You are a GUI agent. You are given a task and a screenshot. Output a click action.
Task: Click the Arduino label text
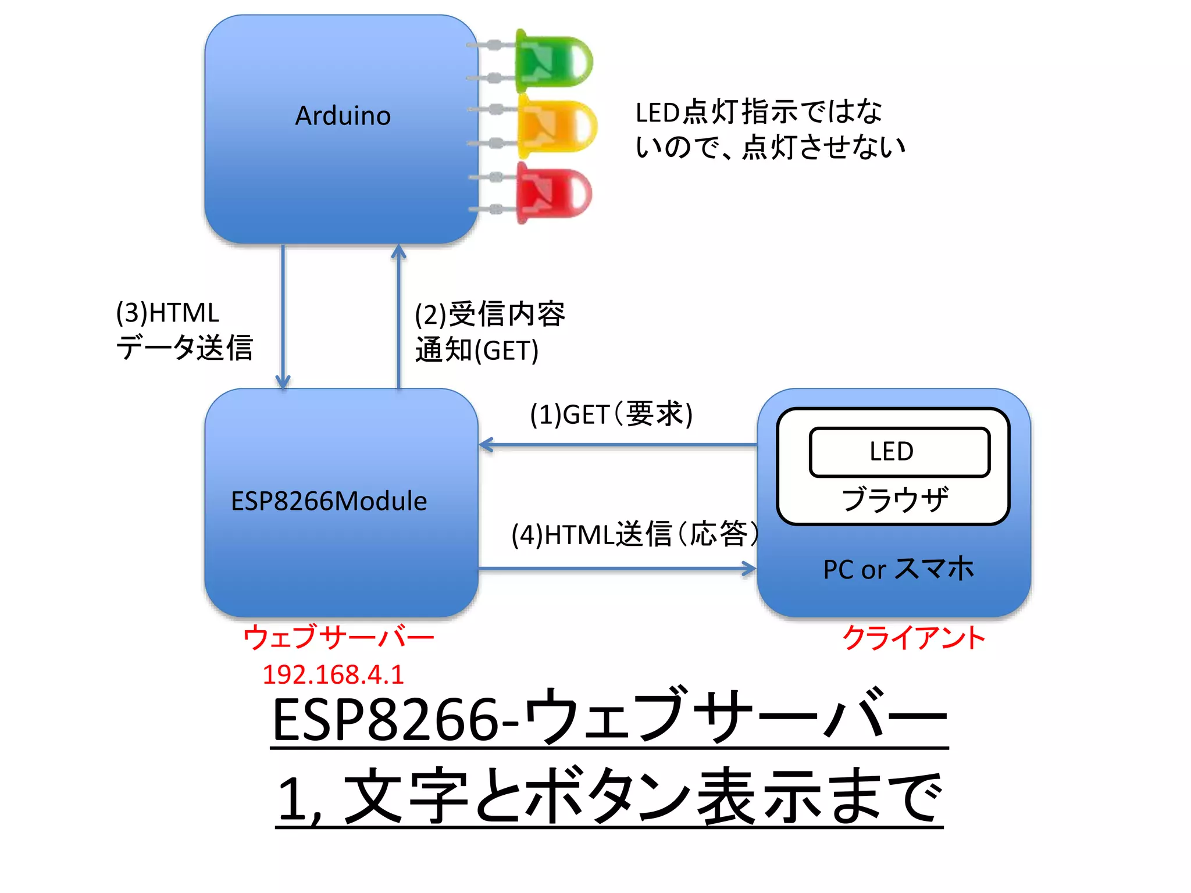click(343, 116)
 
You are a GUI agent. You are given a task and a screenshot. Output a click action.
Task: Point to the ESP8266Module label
click(329, 501)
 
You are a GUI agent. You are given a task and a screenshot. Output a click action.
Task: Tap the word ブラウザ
click(894, 499)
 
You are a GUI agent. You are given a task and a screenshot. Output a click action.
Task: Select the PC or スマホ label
click(898, 569)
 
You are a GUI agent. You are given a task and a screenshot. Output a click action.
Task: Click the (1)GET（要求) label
click(611, 415)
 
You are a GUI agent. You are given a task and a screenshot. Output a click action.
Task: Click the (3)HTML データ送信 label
click(183, 330)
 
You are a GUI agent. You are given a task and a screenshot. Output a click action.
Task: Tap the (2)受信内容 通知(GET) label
click(488, 332)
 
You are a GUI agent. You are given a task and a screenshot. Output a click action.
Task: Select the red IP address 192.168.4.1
click(333, 675)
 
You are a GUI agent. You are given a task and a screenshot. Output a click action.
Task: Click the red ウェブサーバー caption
click(338, 637)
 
